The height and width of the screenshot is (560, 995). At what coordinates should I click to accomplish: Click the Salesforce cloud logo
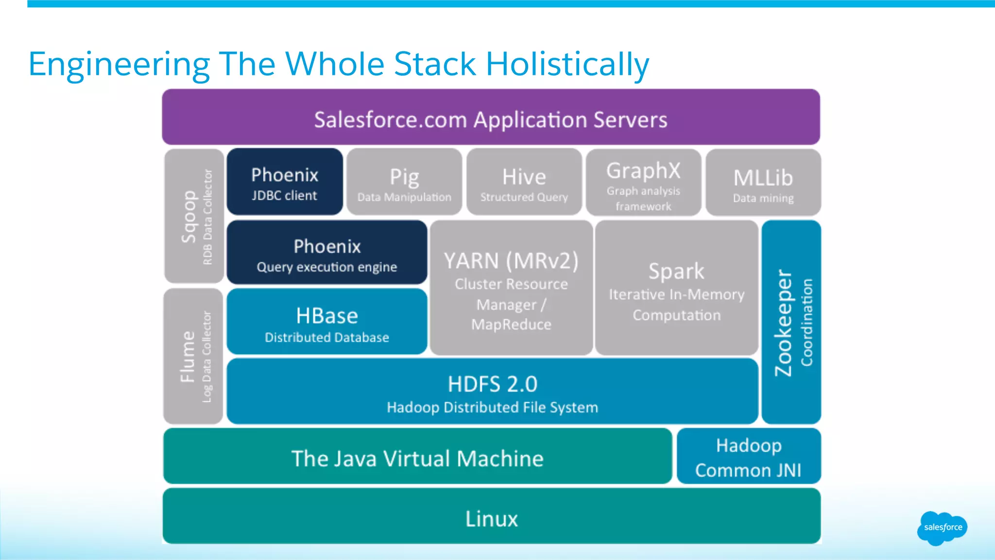click(x=942, y=528)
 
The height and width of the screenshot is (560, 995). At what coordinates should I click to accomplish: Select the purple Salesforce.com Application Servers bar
click(x=491, y=118)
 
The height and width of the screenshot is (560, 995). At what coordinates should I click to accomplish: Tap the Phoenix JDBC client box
click(x=285, y=182)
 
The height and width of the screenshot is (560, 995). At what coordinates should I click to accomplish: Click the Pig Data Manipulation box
click(x=404, y=182)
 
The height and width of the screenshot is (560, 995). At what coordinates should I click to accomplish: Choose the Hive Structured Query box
click(x=524, y=182)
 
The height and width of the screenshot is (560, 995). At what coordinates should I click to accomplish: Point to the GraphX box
click(x=643, y=182)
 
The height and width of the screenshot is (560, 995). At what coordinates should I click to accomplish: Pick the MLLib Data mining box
click(x=763, y=182)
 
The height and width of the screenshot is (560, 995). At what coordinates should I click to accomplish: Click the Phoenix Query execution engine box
click(x=327, y=253)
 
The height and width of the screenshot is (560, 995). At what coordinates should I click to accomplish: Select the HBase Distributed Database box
click(x=327, y=322)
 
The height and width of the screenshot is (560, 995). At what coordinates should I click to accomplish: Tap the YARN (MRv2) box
click(x=511, y=288)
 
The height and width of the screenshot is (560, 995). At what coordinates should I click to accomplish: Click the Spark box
click(x=676, y=288)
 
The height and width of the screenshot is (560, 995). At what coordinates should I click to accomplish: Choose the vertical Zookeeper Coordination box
click(x=791, y=322)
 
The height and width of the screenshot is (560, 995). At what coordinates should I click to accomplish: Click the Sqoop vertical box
click(x=194, y=216)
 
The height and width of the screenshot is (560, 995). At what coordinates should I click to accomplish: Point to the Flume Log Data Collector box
click(x=193, y=356)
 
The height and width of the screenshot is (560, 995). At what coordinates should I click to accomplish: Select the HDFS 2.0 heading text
click(x=492, y=384)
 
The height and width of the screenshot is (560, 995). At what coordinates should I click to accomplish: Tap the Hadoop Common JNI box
click(x=748, y=457)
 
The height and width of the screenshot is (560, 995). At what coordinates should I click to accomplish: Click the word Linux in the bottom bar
click(x=491, y=519)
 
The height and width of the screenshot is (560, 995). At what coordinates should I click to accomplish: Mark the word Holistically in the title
click(x=567, y=64)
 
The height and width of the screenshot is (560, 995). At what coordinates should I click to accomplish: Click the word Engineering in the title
click(x=119, y=64)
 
